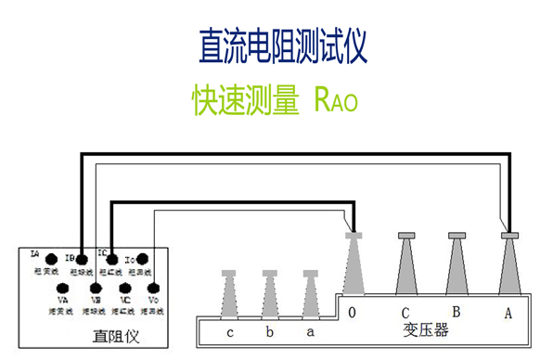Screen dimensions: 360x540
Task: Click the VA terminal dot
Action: [63, 287]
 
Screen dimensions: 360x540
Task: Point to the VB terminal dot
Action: [94, 287]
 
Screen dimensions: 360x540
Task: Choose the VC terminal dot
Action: [124, 287]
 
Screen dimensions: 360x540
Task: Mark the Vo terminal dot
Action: [154, 287]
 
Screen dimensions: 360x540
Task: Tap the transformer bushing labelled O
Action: [354, 264]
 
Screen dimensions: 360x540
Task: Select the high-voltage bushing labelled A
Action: [508, 264]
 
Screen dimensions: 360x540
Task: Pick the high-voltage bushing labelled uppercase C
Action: [405, 264]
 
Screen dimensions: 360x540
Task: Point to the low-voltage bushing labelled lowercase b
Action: [270, 294]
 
